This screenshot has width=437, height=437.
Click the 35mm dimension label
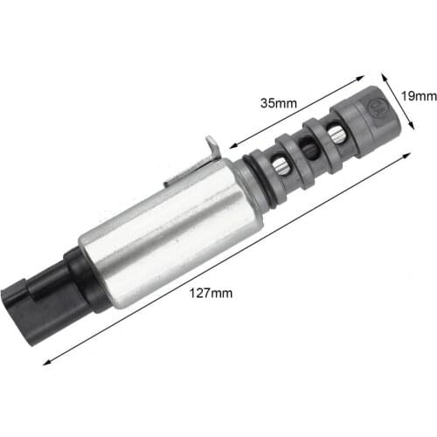(279, 102)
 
